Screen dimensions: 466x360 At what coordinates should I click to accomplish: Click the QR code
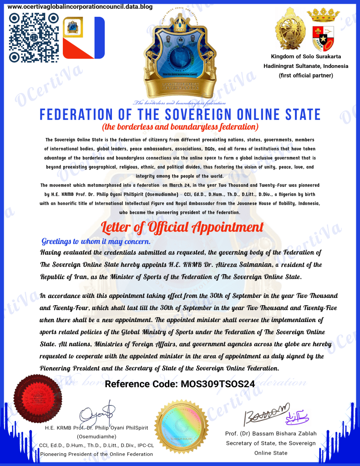34,38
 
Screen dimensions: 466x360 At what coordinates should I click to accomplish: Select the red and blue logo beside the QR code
84,38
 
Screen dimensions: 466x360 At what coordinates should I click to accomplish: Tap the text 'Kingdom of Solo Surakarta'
306,56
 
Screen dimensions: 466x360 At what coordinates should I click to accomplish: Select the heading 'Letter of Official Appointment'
182,226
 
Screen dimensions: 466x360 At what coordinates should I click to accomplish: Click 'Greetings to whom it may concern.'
96,241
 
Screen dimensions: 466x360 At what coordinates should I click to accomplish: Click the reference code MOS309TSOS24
180,384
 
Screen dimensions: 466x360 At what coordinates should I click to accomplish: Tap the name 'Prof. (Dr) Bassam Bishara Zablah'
271,433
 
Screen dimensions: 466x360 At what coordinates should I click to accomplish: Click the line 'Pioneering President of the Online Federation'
96,454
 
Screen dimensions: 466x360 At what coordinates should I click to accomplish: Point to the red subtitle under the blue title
180,126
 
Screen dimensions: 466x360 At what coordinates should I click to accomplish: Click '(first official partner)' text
306,75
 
